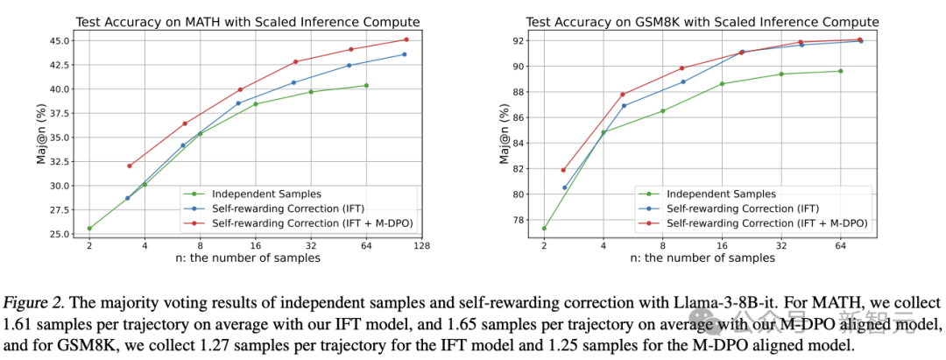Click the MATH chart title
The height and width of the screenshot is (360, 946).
(x=247, y=21)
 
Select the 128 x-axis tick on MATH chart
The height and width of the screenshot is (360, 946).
(x=421, y=247)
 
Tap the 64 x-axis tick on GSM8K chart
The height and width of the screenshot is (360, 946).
(x=840, y=247)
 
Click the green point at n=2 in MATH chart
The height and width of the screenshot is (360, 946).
(x=89, y=228)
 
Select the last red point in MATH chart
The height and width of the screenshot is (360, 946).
(x=406, y=39)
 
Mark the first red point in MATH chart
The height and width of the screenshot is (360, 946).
(x=129, y=166)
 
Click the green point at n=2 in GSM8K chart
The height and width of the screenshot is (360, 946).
(x=544, y=229)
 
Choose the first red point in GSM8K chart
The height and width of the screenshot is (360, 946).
(x=563, y=170)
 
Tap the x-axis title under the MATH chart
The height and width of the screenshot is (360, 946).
(x=247, y=259)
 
